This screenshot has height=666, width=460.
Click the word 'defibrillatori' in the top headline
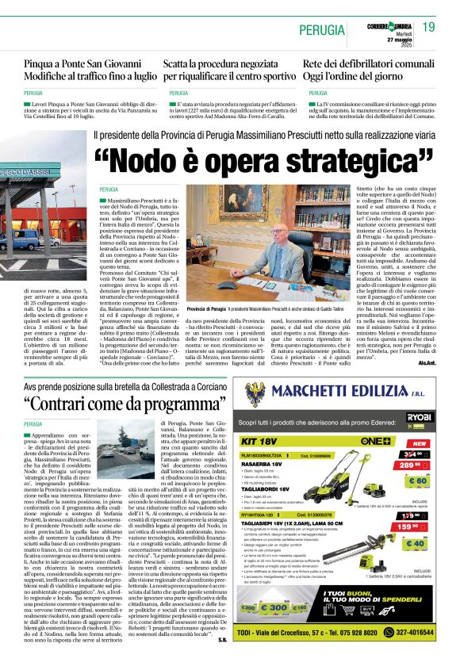pyautogui.click(x=357, y=63)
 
